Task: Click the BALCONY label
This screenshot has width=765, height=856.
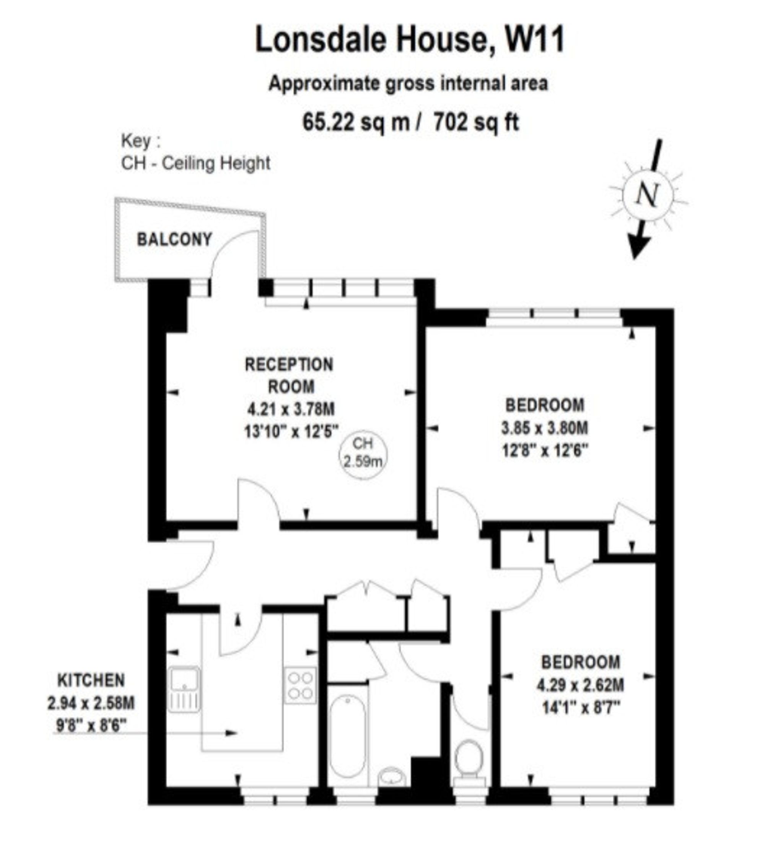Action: coord(174,239)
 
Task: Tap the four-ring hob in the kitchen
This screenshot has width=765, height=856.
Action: coord(301,685)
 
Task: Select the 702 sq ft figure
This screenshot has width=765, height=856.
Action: coord(476,123)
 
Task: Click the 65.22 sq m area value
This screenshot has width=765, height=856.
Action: coord(356,123)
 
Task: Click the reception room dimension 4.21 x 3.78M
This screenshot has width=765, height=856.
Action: coord(291,408)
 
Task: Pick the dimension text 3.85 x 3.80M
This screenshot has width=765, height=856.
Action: coord(545,428)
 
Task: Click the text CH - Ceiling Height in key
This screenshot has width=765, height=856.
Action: coord(195,163)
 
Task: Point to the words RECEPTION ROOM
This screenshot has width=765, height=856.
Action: coord(290,375)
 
